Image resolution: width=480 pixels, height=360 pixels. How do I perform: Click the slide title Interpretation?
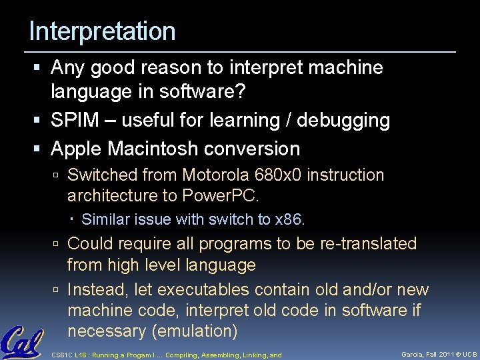tap(102, 31)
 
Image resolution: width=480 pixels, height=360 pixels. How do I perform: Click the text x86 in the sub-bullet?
tap(289, 219)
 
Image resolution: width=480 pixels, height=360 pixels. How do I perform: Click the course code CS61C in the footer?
tap(61, 355)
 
